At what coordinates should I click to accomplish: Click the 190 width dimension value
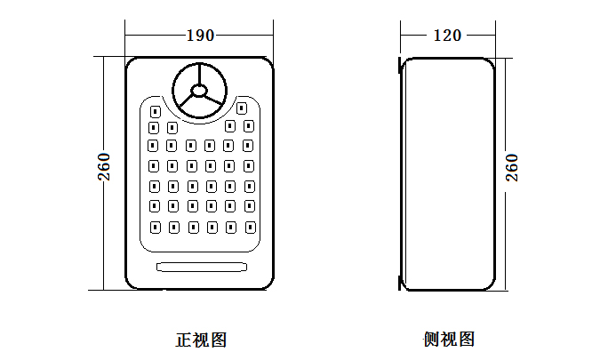click(200, 36)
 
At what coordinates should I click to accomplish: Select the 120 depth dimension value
click(447, 36)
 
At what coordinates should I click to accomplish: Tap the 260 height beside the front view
click(105, 167)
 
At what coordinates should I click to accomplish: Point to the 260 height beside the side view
click(512, 167)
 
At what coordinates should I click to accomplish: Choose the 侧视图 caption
click(449, 339)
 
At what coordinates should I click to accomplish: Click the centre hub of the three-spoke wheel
click(199, 91)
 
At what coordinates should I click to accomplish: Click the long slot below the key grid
click(201, 266)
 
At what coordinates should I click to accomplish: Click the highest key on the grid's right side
click(241, 108)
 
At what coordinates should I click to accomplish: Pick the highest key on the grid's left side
click(154, 112)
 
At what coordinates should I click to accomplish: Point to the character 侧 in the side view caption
click(432, 339)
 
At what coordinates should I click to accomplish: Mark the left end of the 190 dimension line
click(126, 36)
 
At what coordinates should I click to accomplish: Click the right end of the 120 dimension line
click(492, 36)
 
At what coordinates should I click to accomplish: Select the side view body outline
click(492, 178)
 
